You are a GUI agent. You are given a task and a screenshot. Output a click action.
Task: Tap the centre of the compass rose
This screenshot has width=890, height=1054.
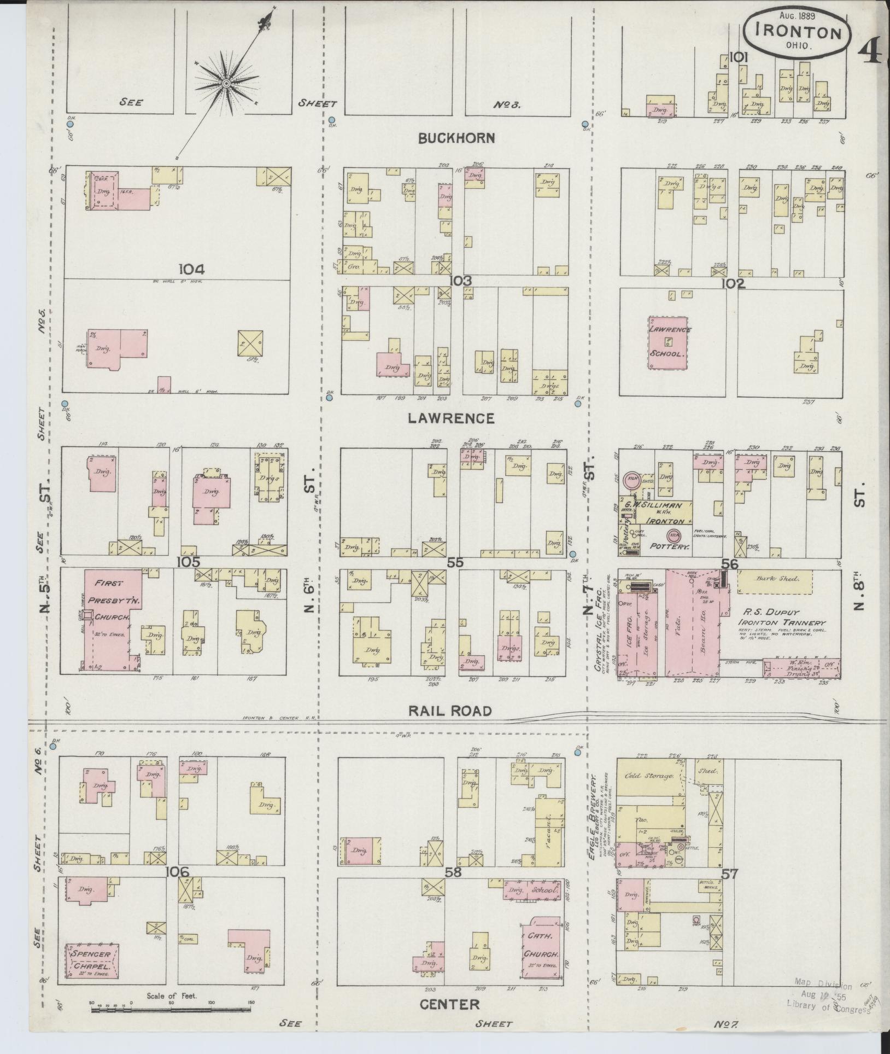point(226,84)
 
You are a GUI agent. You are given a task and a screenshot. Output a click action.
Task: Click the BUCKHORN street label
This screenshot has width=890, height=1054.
point(456,138)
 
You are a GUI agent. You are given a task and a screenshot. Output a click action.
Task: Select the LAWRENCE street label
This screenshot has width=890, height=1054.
point(451,418)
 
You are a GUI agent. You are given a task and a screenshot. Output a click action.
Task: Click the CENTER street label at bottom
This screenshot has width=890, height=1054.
point(449,1004)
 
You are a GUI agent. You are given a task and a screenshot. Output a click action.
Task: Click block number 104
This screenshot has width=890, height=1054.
point(191,269)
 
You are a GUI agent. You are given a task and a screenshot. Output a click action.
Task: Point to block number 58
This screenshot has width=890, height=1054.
point(454,871)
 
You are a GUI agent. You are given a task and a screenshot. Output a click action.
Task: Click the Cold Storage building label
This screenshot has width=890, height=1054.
point(649,776)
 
